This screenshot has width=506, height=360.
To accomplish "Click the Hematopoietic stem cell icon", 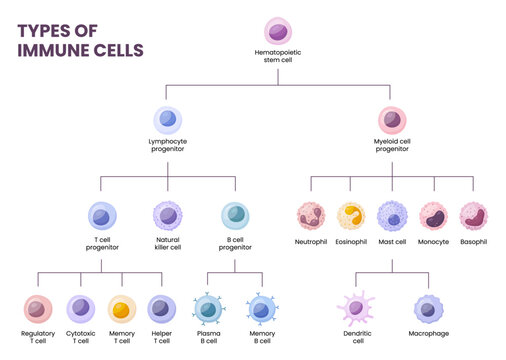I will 278,31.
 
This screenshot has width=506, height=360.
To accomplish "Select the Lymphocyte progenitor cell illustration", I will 167,121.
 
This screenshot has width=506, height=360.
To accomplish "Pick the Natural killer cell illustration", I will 167,215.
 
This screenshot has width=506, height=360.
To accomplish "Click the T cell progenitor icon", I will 102,215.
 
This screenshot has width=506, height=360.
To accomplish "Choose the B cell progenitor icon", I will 235,215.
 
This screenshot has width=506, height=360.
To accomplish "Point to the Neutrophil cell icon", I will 312,216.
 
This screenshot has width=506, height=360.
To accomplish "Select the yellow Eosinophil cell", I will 351,216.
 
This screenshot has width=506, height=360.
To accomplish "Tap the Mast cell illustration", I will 392,216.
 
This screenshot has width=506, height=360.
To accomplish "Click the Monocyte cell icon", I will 433,216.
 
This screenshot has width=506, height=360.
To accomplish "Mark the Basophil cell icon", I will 473,216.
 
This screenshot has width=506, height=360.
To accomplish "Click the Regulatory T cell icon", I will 38,309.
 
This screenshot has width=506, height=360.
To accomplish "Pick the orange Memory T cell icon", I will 122,309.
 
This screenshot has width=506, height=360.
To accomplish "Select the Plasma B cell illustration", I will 208,309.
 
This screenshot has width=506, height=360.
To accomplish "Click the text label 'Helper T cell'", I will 162,337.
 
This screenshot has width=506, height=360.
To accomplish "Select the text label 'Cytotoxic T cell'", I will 80,337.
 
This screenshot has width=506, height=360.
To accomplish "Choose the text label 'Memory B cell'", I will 261,337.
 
